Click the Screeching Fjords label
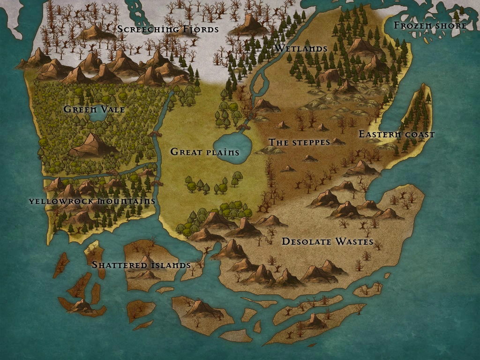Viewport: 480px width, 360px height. [x=168, y=29]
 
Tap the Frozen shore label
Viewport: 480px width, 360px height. [x=430, y=25]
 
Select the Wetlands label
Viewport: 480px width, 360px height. [x=301, y=48]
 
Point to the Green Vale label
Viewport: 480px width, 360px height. [x=94, y=109]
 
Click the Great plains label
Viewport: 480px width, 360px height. [x=205, y=152]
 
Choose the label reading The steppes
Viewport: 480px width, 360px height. [x=299, y=142]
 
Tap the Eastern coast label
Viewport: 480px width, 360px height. [x=397, y=135]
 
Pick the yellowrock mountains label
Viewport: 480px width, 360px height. [x=92, y=201]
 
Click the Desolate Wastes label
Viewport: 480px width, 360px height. [x=327, y=242]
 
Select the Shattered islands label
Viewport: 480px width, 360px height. [x=141, y=265]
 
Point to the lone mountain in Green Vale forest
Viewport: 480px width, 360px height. [x=92, y=144]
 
